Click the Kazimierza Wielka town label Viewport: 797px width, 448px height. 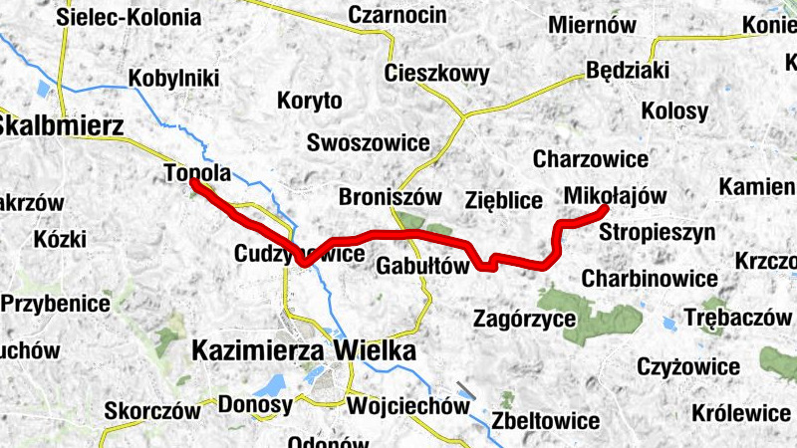point(303,351)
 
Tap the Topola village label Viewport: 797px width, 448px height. point(197,173)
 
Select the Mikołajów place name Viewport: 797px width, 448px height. point(614,195)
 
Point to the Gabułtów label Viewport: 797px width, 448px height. point(422,266)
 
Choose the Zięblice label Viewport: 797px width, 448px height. point(503,200)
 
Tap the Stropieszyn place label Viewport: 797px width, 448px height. point(658,233)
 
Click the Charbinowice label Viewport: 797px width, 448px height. point(650,278)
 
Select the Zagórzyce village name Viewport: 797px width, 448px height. point(525,319)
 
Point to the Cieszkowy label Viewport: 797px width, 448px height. point(437,74)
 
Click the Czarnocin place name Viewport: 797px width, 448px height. point(395,14)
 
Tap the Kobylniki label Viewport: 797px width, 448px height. point(175,81)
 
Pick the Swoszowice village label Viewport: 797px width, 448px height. point(369,142)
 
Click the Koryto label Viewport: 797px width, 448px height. point(310,101)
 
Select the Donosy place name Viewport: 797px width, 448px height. point(255,405)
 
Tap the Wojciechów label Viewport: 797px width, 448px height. point(407,406)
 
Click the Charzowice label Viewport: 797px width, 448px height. point(591,158)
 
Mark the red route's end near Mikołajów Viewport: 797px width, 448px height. point(605,209)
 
